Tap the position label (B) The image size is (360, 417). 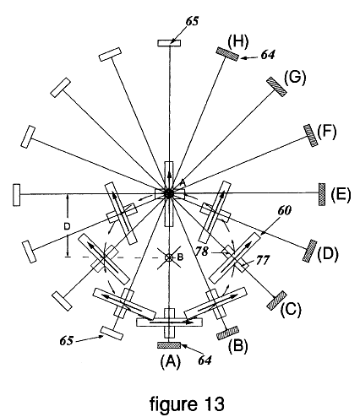click(237, 345)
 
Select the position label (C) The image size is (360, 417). click(291, 309)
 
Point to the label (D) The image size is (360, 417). click(328, 254)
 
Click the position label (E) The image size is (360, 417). click(341, 194)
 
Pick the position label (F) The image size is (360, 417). click(327, 132)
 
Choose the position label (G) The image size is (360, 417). click(295, 77)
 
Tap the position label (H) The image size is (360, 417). click(238, 41)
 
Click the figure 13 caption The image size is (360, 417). click(188, 404)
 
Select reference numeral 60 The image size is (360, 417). click(284, 211)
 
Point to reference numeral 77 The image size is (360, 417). click(263, 260)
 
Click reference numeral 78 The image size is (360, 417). click(202, 252)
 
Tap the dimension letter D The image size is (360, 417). click(67, 226)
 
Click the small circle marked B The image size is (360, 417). click(170, 257)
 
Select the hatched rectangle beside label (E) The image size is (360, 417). click(322, 194)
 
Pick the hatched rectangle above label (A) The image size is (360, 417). click(169, 345)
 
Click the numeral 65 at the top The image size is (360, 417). click(192, 21)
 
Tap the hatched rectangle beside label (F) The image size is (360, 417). click(311, 135)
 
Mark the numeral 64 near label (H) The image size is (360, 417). click(268, 55)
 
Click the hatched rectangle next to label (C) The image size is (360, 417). click(277, 301)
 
